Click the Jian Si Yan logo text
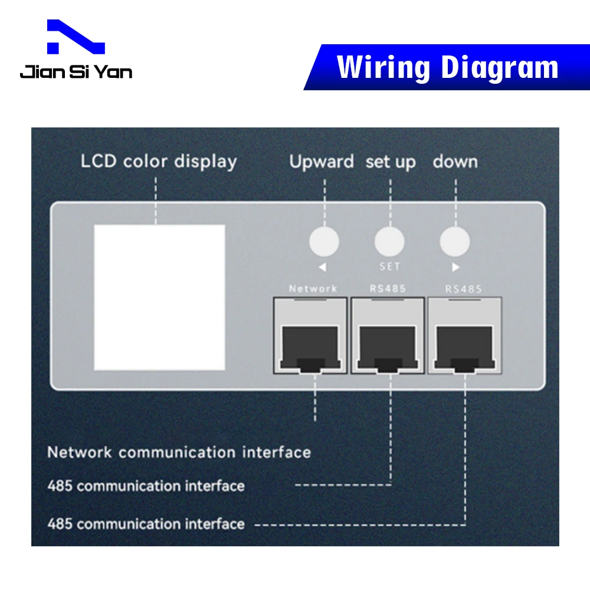click(76, 72)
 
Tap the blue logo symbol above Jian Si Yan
click(76, 38)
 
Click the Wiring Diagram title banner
click(447, 67)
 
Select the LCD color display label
click(159, 161)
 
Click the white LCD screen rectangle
click(159, 297)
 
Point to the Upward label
click(322, 162)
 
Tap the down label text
click(455, 162)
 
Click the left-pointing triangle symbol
click(322, 267)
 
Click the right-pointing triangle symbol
click(455, 267)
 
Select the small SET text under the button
click(390, 267)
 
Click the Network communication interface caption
click(179, 453)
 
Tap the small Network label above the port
click(313, 289)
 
